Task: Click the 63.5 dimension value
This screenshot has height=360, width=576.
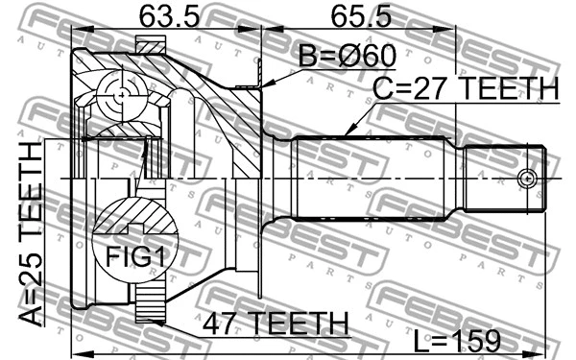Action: [161, 16]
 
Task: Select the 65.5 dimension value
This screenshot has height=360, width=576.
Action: [363, 16]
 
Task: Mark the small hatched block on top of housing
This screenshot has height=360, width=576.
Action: [150, 45]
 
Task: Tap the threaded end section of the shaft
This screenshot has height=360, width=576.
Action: [504, 179]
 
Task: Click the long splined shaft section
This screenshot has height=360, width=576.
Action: [370, 179]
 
